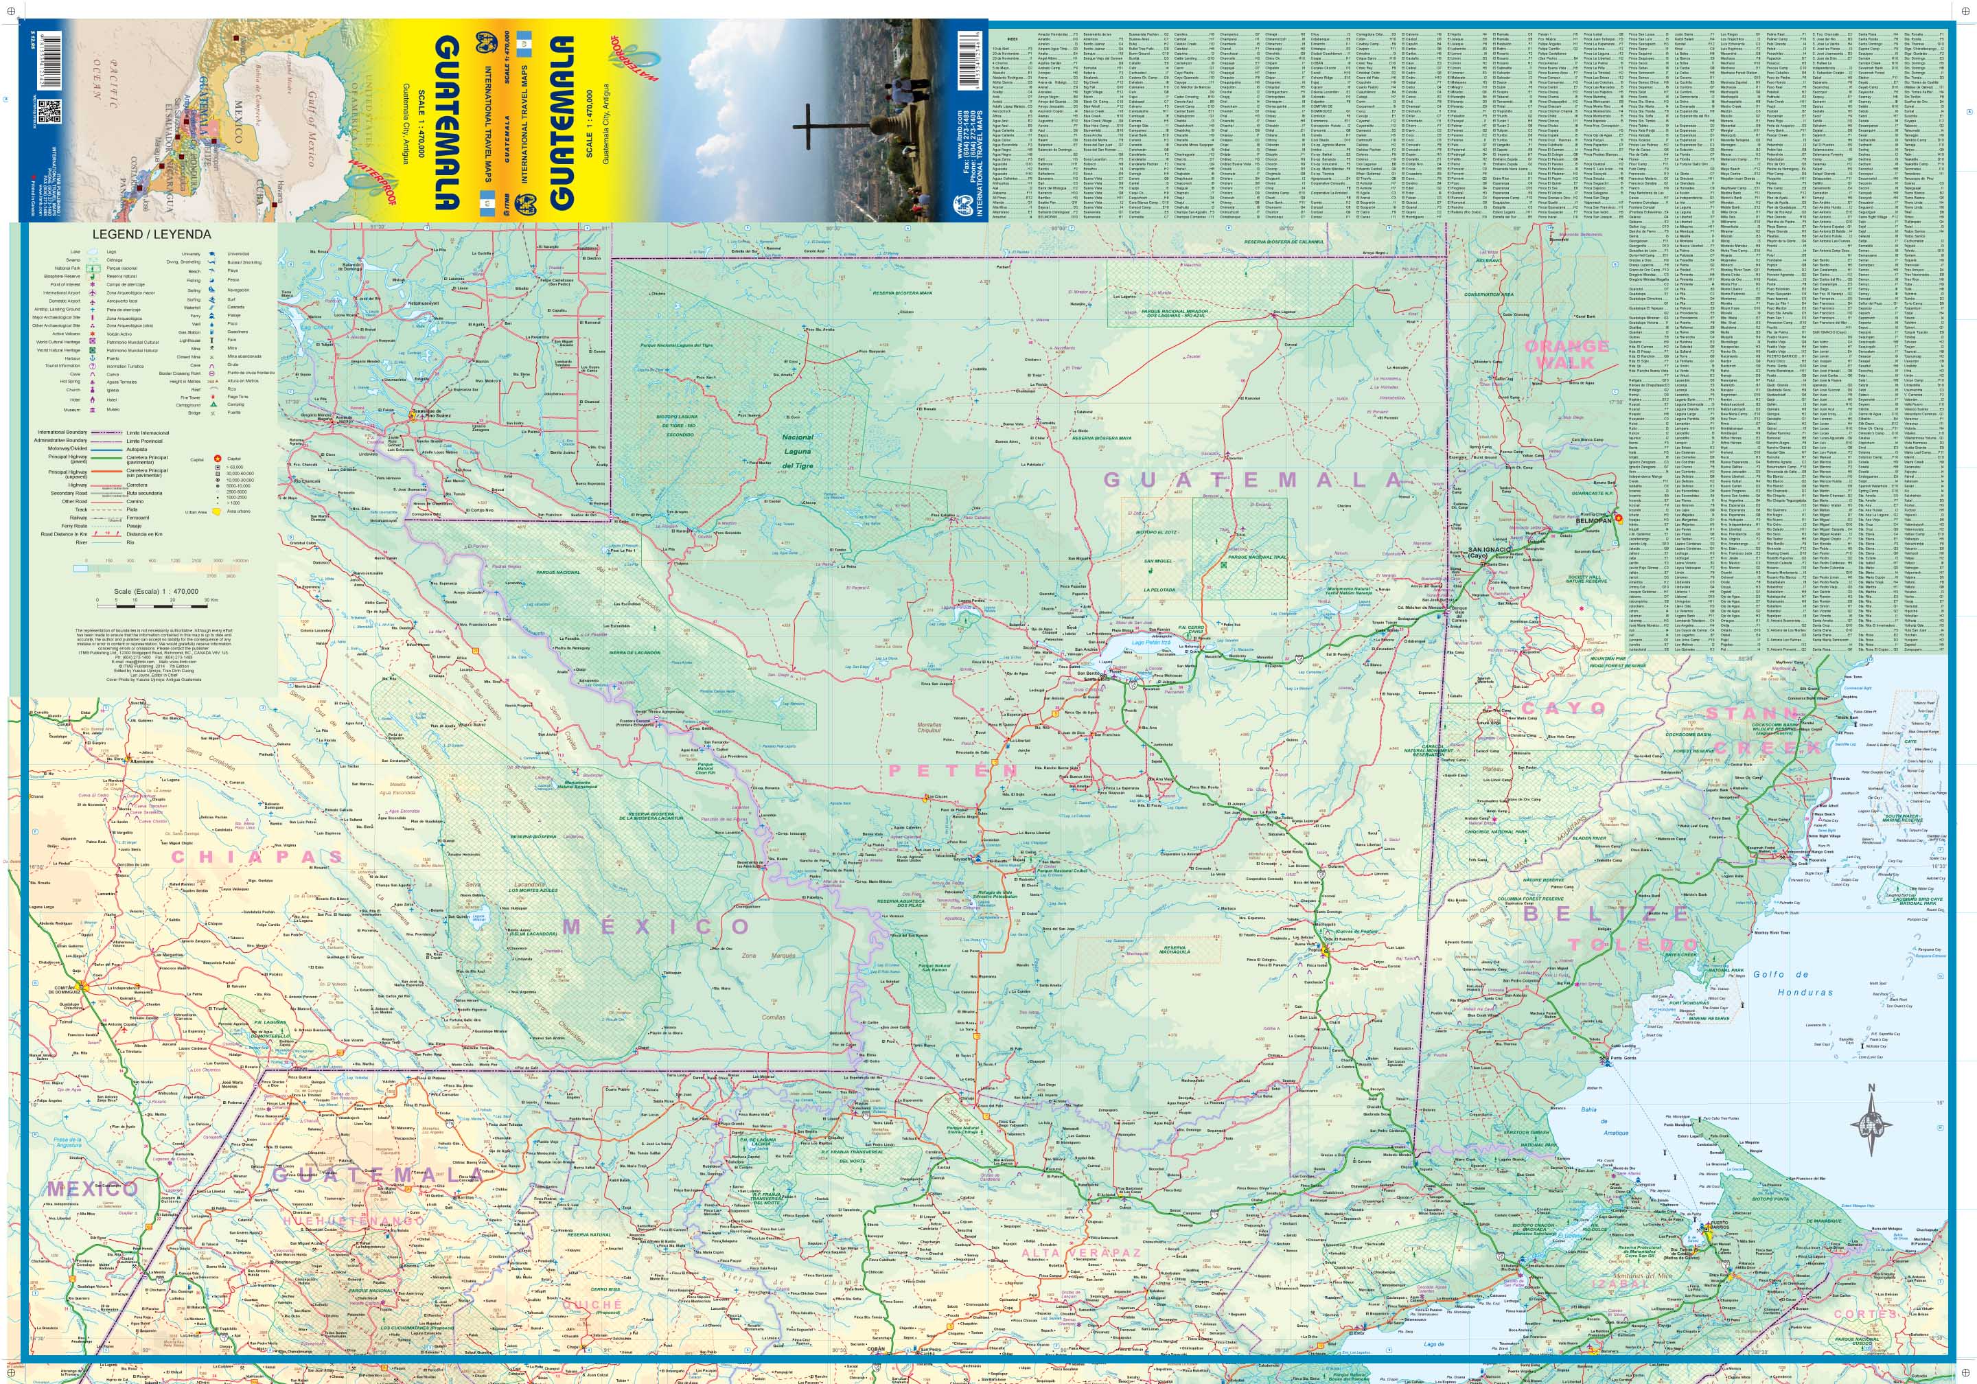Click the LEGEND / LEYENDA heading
pyautogui.click(x=152, y=234)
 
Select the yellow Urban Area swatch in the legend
pyautogui.click(x=218, y=511)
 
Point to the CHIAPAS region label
pyautogui.click(x=257, y=856)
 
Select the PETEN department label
pyautogui.click(x=952, y=770)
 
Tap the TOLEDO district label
pyautogui.click(x=1631, y=945)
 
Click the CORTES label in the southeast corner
pyautogui.click(x=1865, y=1314)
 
